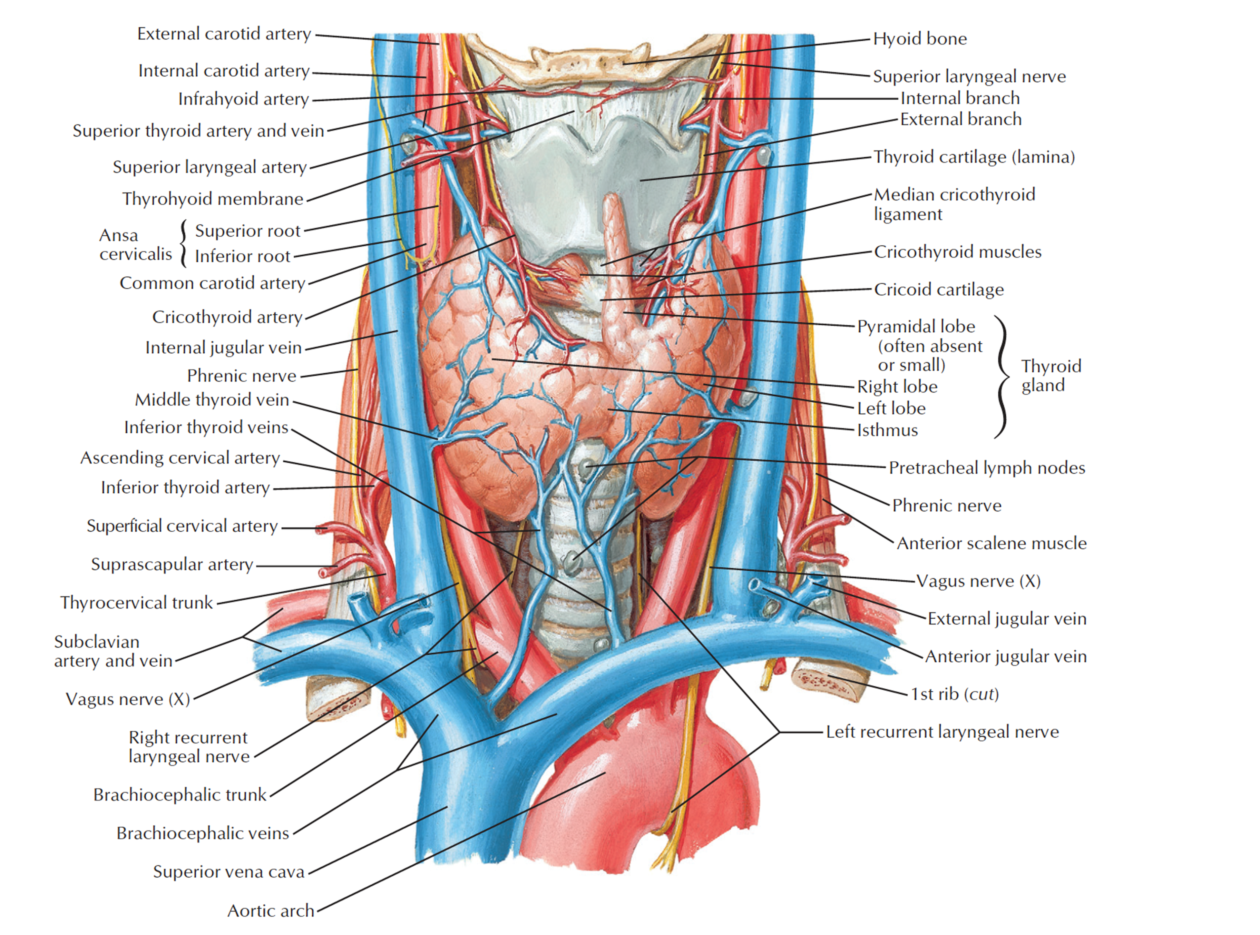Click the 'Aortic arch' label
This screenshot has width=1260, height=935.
[x=270, y=911]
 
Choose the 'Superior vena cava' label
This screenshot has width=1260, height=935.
[x=229, y=871]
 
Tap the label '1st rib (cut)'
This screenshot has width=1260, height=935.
[x=954, y=694]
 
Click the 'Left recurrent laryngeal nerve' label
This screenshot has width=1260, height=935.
[x=942, y=732]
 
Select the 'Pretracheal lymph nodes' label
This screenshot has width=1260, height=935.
[x=987, y=468]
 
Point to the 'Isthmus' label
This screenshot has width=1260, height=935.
[x=887, y=430]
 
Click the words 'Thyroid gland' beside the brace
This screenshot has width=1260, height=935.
[x=1051, y=375]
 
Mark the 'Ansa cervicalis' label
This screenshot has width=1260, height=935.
[x=136, y=244]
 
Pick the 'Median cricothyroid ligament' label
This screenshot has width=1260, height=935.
[x=954, y=204]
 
